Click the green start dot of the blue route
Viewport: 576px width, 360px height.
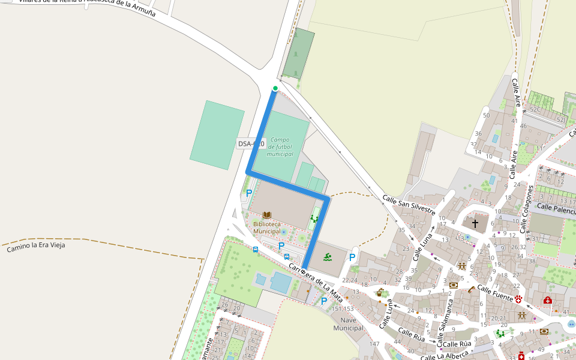pos(275,89)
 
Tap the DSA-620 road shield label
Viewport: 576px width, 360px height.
pos(251,144)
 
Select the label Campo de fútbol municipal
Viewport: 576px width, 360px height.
pos(280,147)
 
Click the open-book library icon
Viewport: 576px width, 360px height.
pos(267,215)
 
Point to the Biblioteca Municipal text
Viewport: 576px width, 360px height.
pos(267,227)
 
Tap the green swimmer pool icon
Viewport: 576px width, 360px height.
pos(328,257)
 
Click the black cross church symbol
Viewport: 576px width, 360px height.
pos(475,223)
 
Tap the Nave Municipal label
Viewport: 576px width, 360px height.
pos(348,324)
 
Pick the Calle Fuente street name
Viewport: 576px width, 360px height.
pos(495,293)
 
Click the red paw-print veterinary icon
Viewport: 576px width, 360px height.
pos(518,298)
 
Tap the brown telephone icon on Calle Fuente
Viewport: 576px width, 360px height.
pos(472,290)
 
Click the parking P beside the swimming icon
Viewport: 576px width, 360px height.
pos(352,257)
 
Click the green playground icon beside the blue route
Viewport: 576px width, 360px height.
pos(314,219)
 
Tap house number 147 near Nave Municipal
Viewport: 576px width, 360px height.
pos(374,344)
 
